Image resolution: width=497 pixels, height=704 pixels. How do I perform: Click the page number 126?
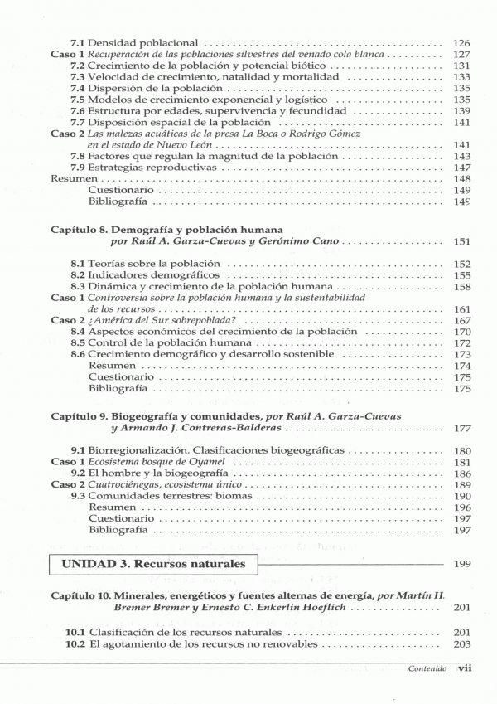pyautogui.click(x=462, y=42)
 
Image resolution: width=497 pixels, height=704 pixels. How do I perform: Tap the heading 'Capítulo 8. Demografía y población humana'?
pyautogui.click(x=166, y=228)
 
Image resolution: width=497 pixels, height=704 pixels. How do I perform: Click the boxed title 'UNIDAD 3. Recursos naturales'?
pyautogui.click(x=154, y=564)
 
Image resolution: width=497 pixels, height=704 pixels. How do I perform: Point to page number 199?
pyautogui.click(x=462, y=564)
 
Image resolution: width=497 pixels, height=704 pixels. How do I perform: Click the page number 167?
pyautogui.click(x=462, y=320)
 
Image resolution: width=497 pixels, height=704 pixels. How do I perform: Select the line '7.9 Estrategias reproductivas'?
pyautogui.click(x=142, y=167)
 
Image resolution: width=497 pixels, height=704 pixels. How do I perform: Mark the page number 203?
pyautogui.click(x=462, y=644)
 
